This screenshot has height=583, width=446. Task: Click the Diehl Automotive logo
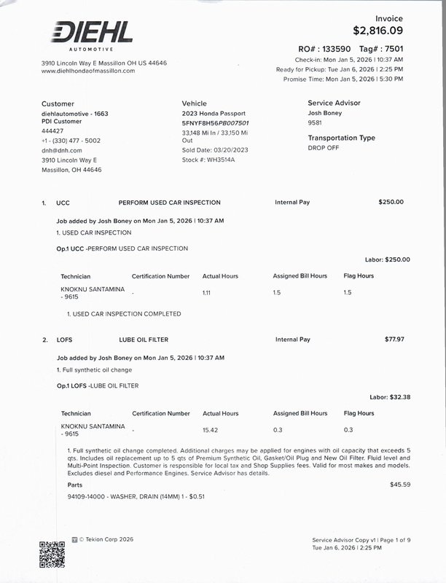(91, 35)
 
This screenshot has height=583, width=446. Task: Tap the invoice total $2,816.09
(377, 31)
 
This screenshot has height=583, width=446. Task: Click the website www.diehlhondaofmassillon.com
(89, 71)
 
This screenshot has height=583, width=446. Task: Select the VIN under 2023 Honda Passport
(215, 123)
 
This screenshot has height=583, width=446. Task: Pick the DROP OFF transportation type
(324, 147)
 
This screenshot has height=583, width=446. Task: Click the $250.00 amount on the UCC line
(391, 202)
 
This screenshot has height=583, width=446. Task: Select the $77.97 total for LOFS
(394, 339)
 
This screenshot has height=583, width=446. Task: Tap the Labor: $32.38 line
(390, 397)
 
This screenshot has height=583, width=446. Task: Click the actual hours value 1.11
(206, 292)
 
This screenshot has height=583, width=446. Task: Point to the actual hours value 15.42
(210, 430)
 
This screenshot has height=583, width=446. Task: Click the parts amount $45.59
(400, 485)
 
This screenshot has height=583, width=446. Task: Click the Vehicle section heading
(195, 103)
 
